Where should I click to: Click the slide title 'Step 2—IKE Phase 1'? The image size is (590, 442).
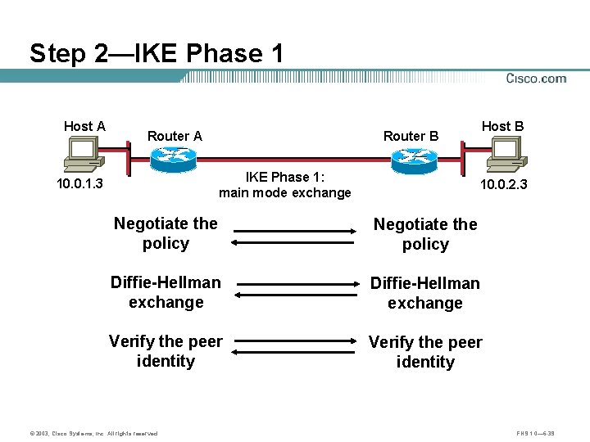[157, 54]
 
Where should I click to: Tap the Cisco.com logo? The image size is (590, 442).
[536, 79]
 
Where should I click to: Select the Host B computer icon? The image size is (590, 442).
[505, 151]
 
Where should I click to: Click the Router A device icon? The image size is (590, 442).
[175, 159]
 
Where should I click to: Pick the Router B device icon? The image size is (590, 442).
[415, 160]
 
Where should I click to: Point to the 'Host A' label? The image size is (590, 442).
[84, 126]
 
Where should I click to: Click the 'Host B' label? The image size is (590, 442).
[502, 126]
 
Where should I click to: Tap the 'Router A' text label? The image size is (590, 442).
[175, 136]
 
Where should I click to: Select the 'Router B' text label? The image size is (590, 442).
[411, 136]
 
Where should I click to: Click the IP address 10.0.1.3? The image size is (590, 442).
[79, 183]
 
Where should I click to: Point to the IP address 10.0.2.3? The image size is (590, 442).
[503, 185]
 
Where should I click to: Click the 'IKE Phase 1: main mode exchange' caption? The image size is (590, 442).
[284, 185]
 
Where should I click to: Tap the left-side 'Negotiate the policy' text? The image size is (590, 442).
[166, 233]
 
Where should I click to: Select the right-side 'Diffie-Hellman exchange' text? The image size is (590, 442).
[425, 293]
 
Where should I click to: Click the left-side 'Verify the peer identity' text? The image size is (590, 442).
[166, 351]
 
